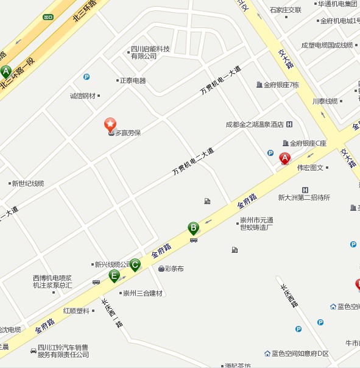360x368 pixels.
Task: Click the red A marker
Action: (284, 158)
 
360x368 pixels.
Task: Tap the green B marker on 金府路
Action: (193, 228)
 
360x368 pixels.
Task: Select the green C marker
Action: (135, 264)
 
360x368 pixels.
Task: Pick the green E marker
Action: (114, 276)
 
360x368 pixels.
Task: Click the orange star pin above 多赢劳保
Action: (110, 125)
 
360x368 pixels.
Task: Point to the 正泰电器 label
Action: (133, 80)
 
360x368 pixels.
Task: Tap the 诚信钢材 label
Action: (83, 96)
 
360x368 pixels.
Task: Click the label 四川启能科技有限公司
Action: (150, 52)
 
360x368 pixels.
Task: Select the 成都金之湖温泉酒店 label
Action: (255, 125)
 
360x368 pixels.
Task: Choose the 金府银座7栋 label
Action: (281, 85)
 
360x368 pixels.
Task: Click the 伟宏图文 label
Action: (310, 168)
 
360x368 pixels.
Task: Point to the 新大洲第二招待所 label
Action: (304, 197)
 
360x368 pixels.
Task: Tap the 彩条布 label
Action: (174, 268)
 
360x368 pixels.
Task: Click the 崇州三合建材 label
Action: (143, 293)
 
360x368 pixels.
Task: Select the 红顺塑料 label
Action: (76, 311)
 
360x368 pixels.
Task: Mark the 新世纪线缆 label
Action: (28, 183)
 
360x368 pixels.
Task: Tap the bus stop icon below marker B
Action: (194, 240)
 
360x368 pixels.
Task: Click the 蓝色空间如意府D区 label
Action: (300, 353)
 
